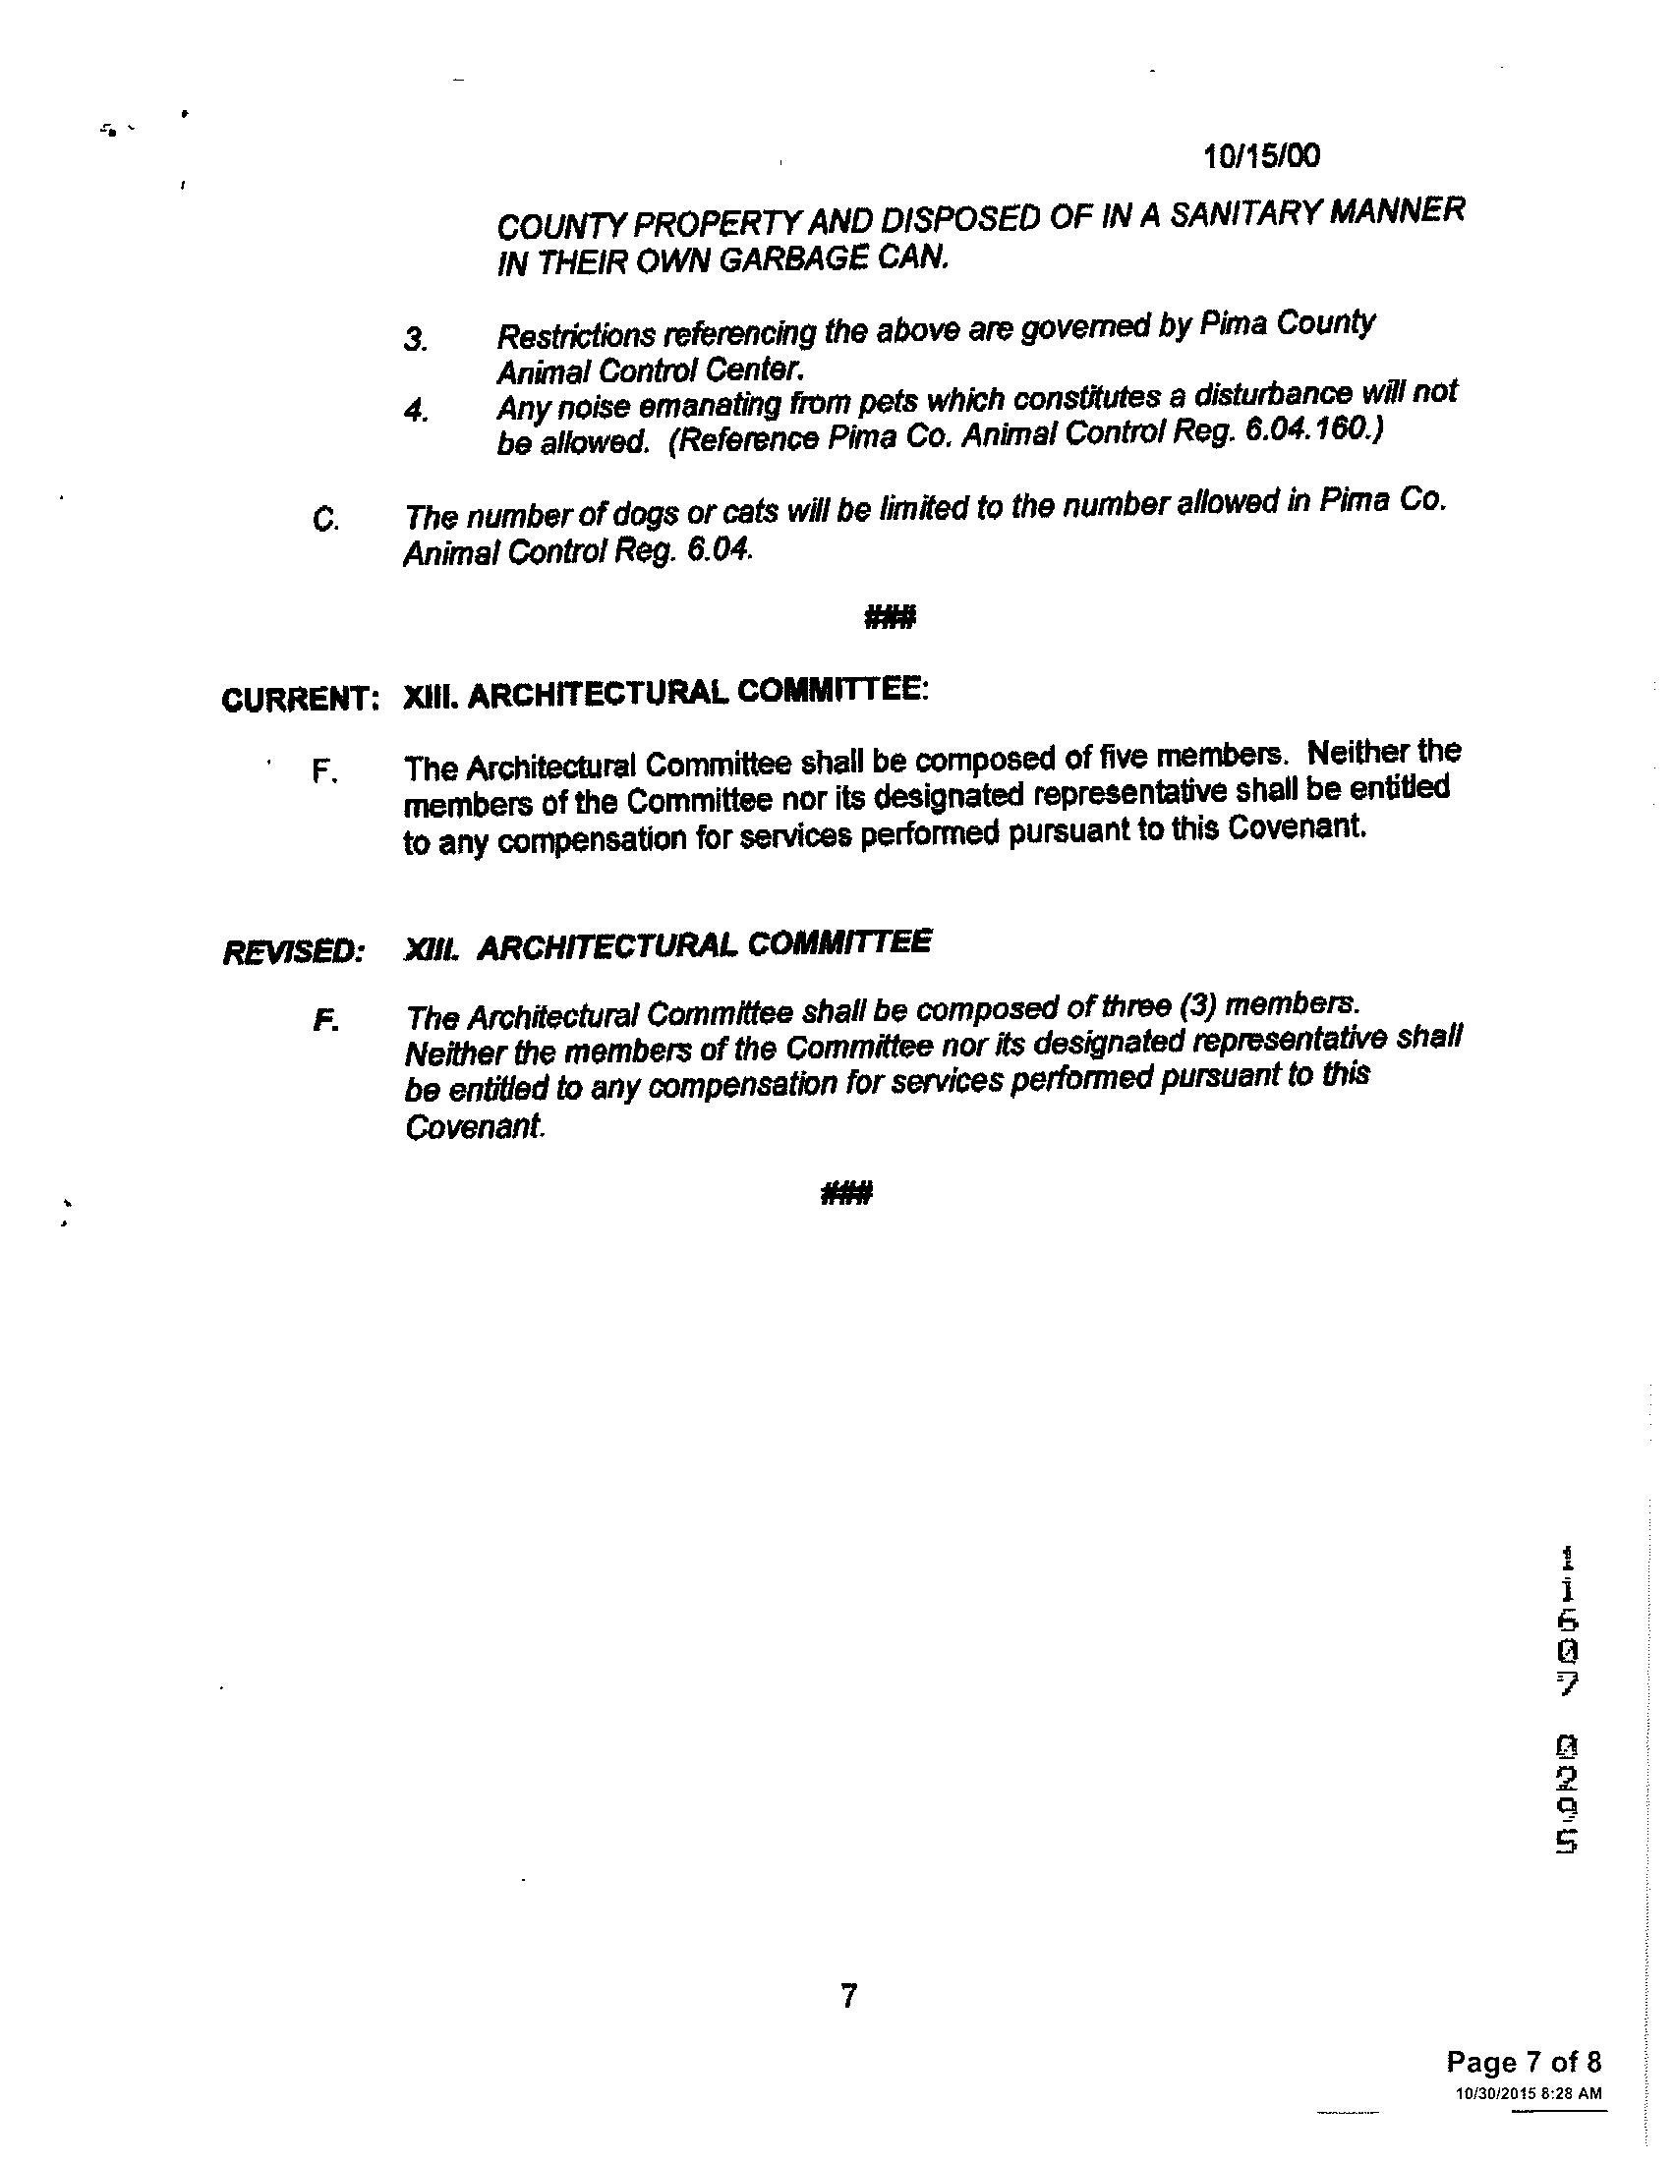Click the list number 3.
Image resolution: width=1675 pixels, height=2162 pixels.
pos(415,340)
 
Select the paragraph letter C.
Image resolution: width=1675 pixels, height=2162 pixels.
pos(323,520)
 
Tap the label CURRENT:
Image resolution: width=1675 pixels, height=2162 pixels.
pos(300,700)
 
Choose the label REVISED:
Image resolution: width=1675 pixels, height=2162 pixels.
pos(294,951)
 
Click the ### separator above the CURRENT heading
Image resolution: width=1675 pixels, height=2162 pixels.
pos(890,619)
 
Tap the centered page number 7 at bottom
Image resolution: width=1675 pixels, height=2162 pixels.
pos(847,1996)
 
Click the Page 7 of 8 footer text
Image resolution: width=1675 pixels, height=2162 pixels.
pos(1523,2062)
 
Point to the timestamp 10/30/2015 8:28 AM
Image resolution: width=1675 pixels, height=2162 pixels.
pos(1528,2092)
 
